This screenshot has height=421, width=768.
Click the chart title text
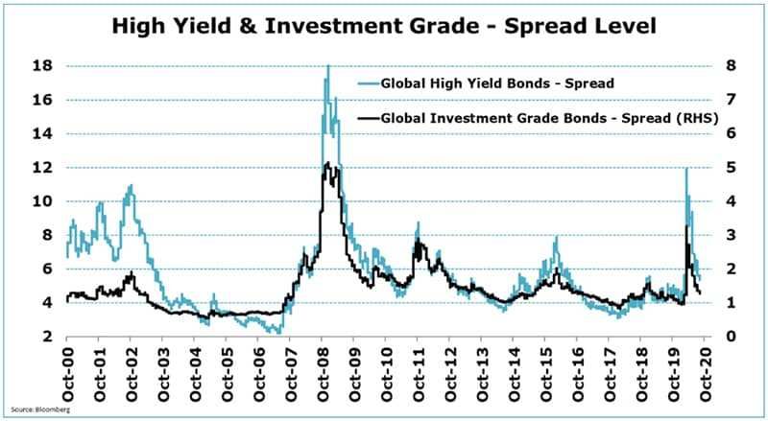(384, 26)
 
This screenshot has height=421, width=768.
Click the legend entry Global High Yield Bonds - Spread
(497, 82)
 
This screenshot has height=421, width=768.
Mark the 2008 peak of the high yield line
(327, 66)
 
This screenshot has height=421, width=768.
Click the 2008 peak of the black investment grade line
(327, 163)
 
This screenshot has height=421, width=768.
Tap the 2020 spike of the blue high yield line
(686, 170)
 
